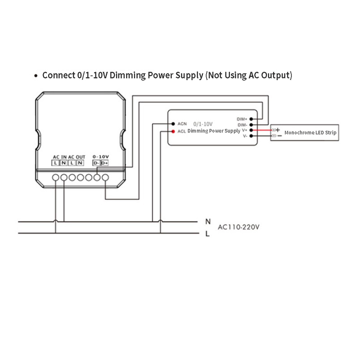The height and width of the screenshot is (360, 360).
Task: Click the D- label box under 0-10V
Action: [96, 162]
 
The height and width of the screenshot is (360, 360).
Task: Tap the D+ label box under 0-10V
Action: [104, 162]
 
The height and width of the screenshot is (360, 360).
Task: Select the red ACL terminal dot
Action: [173, 131]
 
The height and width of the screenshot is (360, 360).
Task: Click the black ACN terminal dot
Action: [173, 123]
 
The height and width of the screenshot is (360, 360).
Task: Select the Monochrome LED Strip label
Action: [310, 133]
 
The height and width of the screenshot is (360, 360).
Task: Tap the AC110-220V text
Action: [238, 227]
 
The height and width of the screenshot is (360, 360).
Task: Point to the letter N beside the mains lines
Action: [207, 221]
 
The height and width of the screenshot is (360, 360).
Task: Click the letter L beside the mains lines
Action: [207, 234]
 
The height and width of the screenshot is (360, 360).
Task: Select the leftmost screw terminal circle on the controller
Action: [56, 178]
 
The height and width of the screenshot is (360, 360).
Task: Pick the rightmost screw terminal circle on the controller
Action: [105, 178]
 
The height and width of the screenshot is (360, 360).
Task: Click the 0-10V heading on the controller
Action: [100, 156]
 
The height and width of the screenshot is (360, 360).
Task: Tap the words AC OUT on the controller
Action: [76, 156]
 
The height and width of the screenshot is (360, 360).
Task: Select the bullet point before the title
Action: [36, 76]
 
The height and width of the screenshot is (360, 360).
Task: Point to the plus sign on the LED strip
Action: [278, 130]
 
